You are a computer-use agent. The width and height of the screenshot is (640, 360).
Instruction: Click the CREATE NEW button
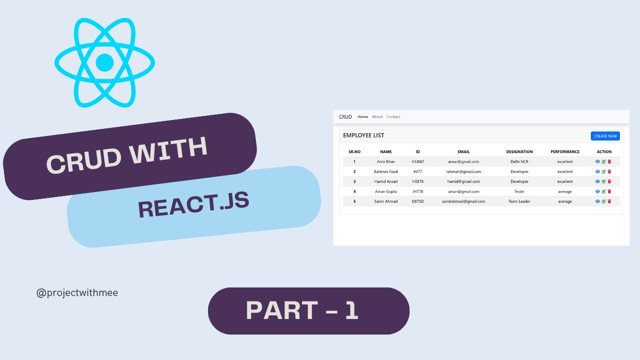point(605,136)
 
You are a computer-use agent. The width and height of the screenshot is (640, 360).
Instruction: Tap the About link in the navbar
point(377,117)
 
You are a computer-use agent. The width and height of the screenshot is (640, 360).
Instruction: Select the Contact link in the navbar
point(393,117)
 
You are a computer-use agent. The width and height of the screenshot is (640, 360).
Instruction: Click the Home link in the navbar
point(362,117)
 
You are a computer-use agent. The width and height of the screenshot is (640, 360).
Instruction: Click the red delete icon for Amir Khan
point(609,161)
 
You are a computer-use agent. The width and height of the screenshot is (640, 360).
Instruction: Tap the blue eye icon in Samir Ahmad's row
point(597,201)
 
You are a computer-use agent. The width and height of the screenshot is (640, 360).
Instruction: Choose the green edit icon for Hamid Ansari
point(603,181)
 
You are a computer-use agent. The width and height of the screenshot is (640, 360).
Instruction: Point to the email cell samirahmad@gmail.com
point(463,201)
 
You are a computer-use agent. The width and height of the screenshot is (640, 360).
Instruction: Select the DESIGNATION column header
point(519,152)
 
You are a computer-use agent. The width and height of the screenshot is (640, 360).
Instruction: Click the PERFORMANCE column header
point(565,152)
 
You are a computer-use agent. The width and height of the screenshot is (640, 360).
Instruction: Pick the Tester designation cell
point(519,191)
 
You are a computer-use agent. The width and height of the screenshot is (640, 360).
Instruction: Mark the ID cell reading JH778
point(417,191)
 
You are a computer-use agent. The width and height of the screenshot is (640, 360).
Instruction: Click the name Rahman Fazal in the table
point(386,171)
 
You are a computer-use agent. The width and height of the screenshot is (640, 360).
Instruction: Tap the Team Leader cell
point(519,201)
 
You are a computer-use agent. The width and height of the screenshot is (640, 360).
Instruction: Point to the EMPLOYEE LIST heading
point(363,135)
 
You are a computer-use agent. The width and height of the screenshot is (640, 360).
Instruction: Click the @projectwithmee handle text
point(77,293)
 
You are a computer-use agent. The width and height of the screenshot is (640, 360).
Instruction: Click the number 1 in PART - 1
point(351,310)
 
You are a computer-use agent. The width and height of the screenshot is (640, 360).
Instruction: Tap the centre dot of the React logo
point(104,62)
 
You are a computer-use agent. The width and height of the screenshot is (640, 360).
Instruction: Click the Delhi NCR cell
point(519,161)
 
